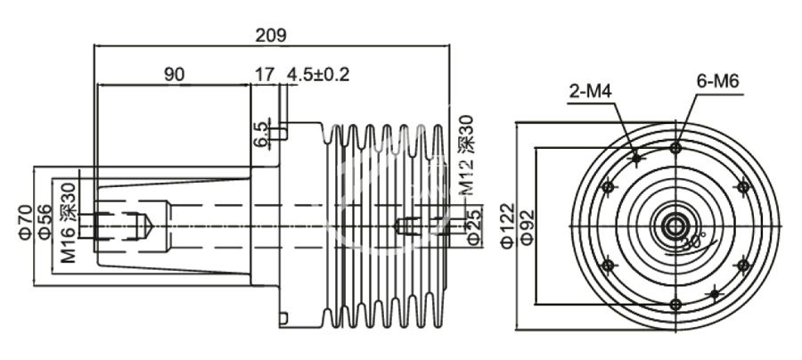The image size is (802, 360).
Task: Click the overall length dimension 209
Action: [x=270, y=36]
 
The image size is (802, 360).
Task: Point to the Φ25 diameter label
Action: [x=474, y=226]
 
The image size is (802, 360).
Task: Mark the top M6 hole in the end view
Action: [x=675, y=148]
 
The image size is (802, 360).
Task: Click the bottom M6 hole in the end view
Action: [x=675, y=305]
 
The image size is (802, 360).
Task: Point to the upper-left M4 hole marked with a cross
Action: [x=636, y=160]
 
